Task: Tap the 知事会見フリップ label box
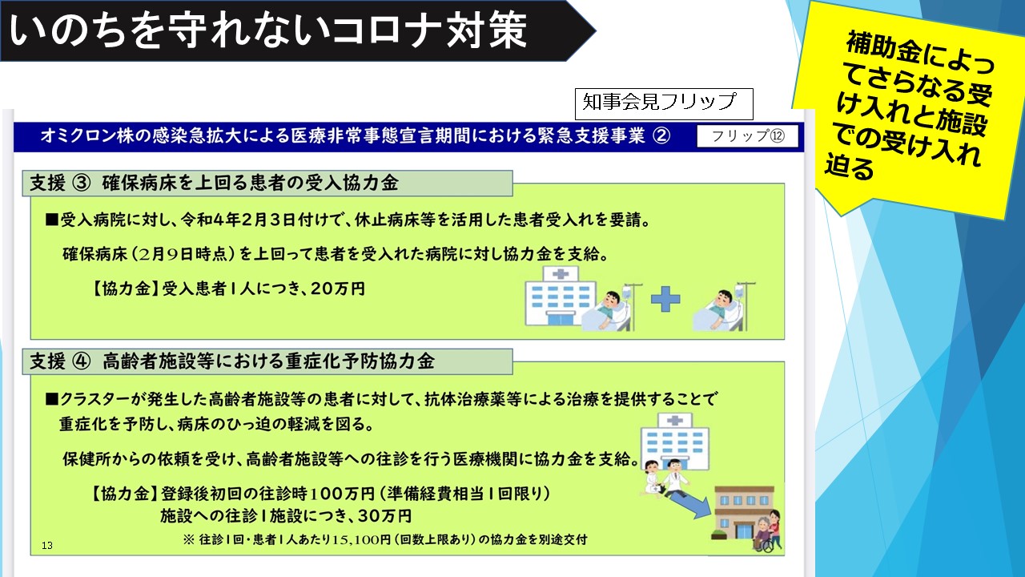pyautogui.click(x=664, y=103)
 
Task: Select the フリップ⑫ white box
pyautogui.click(x=748, y=136)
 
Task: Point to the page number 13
pyautogui.click(x=47, y=546)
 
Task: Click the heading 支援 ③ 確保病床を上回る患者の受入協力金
pyautogui.click(x=214, y=184)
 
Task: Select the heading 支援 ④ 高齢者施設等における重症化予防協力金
pyautogui.click(x=232, y=361)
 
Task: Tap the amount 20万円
pyautogui.click(x=338, y=288)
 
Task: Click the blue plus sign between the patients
pyautogui.click(x=665, y=300)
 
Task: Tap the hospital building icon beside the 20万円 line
pyautogui.click(x=560, y=297)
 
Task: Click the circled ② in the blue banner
pyautogui.click(x=661, y=136)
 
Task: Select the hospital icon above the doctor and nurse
pyautogui.click(x=675, y=442)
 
